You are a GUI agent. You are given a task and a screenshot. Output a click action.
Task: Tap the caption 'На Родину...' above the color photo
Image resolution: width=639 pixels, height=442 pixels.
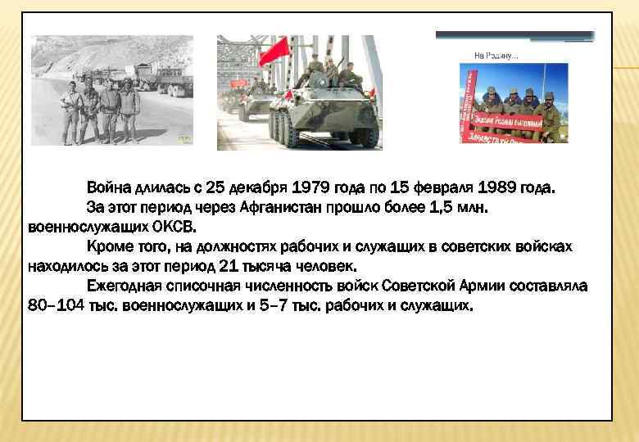coord(496,56)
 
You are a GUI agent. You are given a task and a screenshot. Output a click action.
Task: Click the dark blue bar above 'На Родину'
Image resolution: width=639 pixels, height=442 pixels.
coord(514,35)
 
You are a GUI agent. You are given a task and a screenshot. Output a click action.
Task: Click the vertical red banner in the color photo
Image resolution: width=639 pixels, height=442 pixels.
coord(469,102)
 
